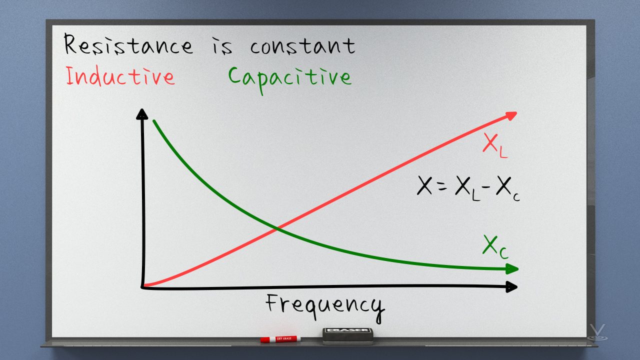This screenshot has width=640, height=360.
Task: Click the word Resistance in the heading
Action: coord(128,45)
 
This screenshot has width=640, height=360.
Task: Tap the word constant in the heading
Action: coord(302,46)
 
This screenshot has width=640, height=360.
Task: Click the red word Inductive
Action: coord(120,76)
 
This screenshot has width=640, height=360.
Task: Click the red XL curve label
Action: coord(495,145)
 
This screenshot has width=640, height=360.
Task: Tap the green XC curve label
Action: coord(495,246)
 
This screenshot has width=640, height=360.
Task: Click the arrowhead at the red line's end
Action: coord(510,116)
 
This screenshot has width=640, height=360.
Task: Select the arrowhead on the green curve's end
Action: coord(511,269)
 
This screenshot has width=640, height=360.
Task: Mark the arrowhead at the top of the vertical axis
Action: coord(142,114)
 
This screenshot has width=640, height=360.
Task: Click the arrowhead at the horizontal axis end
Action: coord(511,287)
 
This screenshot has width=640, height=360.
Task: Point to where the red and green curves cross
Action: coord(277,228)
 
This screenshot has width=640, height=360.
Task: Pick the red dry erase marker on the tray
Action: coord(280,339)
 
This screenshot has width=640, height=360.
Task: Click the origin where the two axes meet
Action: coord(143,286)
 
